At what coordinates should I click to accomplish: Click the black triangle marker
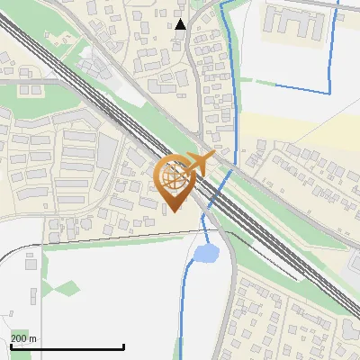tap(180, 24)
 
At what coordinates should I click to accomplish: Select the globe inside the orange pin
tap(172, 175)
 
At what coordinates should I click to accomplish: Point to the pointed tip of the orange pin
tap(174, 211)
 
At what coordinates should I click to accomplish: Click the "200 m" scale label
tap(24, 337)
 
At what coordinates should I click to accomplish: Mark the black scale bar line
tap(67, 346)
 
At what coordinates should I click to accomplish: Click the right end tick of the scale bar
tap(123, 346)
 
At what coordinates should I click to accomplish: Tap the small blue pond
tap(206, 255)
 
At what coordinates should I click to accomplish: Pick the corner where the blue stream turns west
tap(329, 93)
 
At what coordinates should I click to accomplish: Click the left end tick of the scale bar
tap(11, 346)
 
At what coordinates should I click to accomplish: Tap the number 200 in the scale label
tap(19, 337)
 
